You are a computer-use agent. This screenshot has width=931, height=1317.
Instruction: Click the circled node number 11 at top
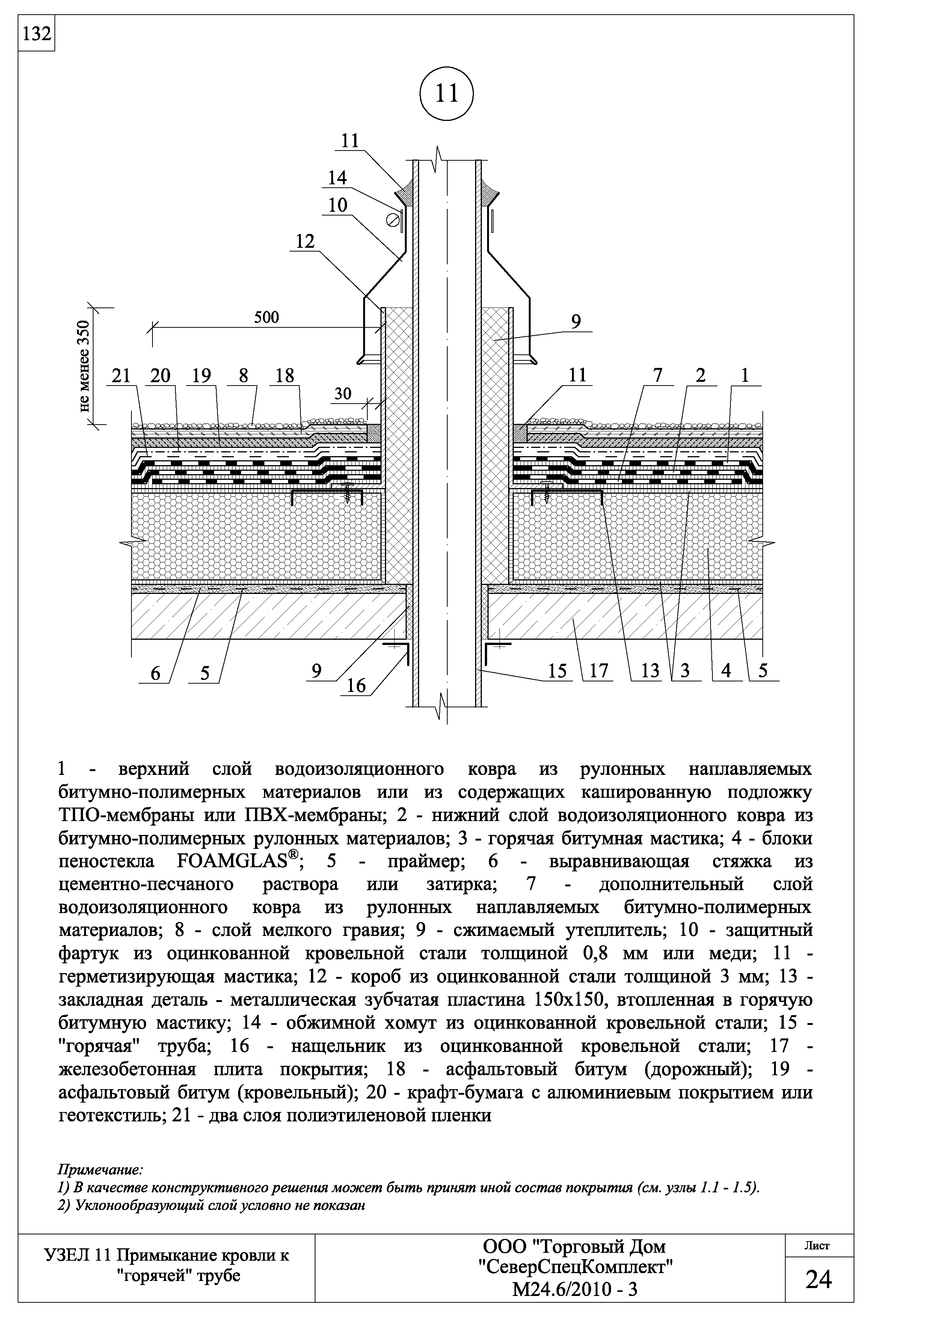click(x=447, y=93)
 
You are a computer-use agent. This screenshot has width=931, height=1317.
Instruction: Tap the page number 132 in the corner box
click(x=36, y=35)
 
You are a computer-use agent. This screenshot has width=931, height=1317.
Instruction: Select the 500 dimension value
click(x=266, y=317)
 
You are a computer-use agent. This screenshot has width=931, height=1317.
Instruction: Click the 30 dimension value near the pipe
click(x=343, y=393)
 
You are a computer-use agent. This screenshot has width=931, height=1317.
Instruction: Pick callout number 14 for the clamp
click(x=337, y=178)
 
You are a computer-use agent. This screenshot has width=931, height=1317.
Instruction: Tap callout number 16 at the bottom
click(x=356, y=686)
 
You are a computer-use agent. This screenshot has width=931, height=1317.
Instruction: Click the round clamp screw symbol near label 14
click(x=394, y=220)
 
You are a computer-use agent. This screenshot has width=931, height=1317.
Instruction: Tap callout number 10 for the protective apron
click(x=338, y=205)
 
